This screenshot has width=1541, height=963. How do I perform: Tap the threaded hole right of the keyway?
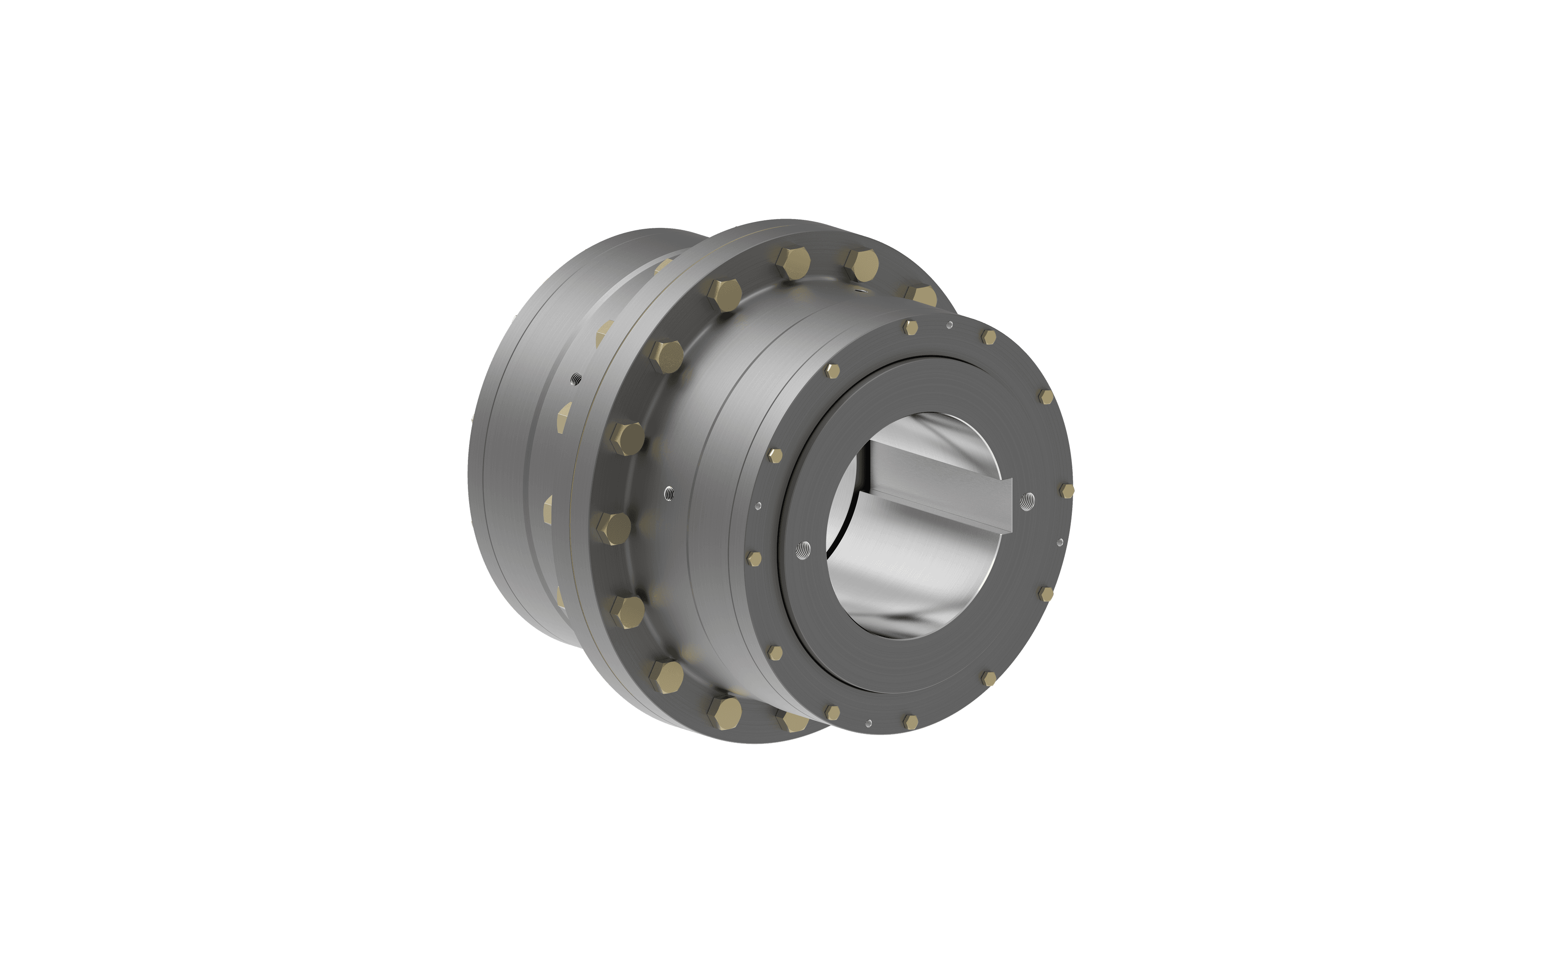(x=1026, y=501)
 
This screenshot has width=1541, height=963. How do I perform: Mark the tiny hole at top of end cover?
(x=950, y=325)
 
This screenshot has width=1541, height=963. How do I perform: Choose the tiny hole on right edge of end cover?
(x=1059, y=542)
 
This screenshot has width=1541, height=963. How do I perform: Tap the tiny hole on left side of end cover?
(x=757, y=506)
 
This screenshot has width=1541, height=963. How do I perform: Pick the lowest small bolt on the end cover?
(x=911, y=721)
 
